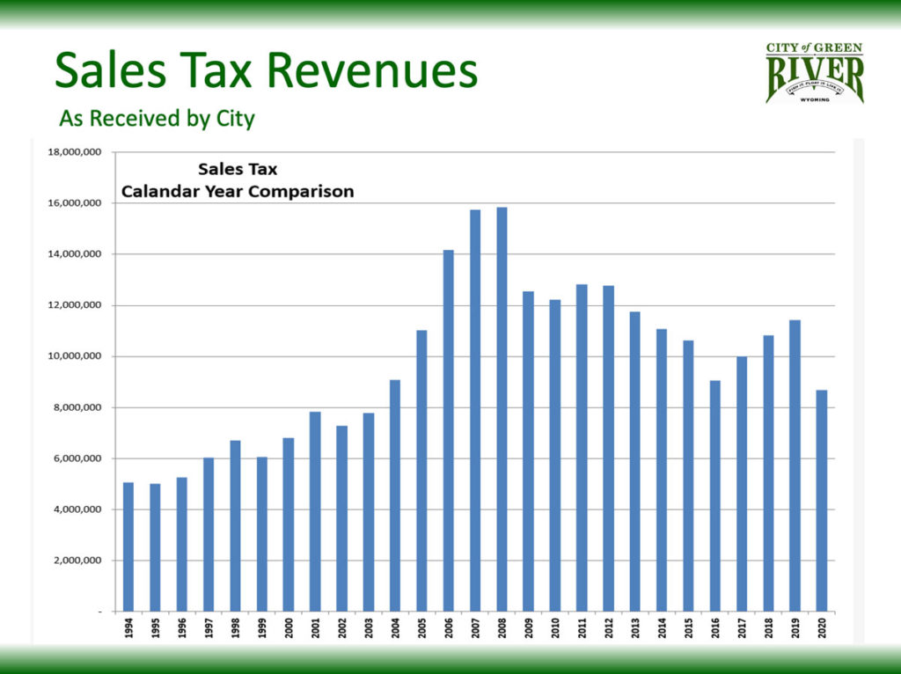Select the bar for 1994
128,546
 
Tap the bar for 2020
821,501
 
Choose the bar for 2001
315,511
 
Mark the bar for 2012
609,448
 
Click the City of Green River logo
814,73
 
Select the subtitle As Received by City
157,118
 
